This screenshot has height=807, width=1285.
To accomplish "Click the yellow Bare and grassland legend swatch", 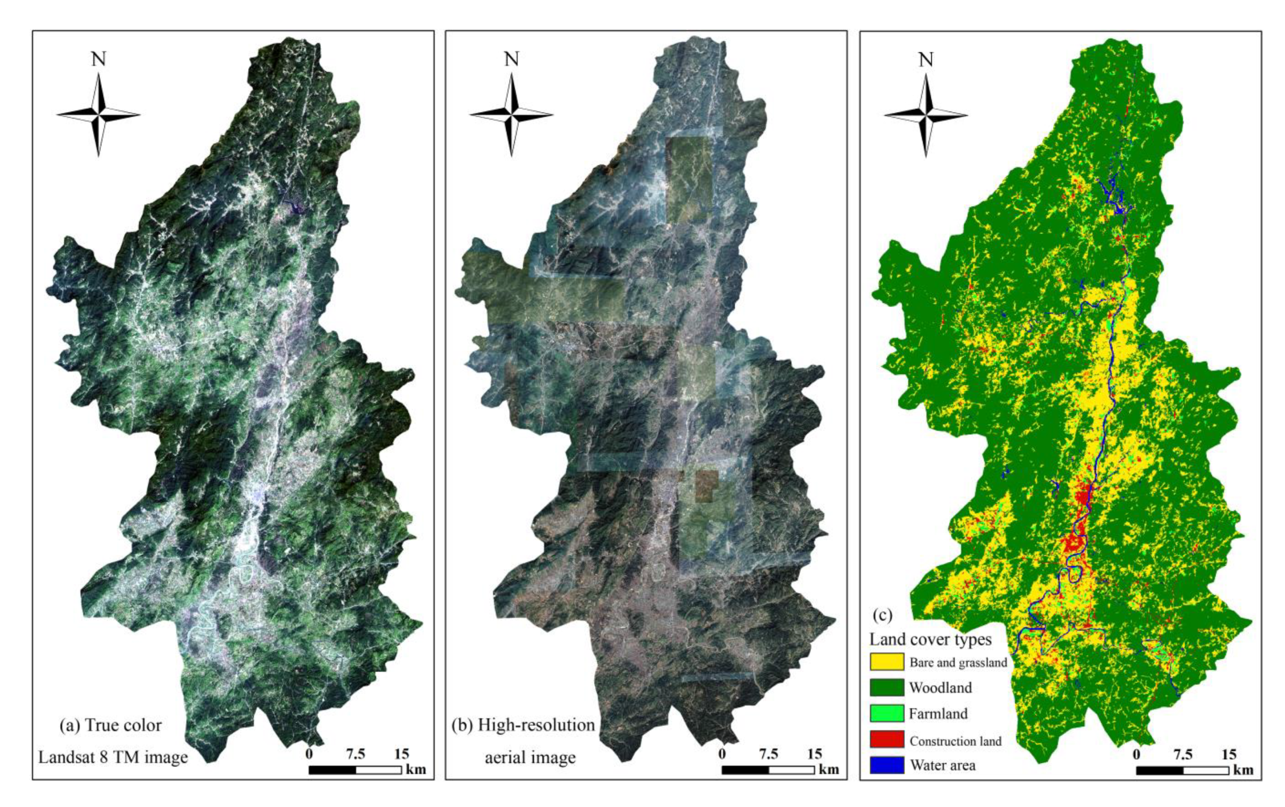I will tap(887, 661).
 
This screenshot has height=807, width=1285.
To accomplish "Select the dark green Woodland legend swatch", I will tap(887, 687).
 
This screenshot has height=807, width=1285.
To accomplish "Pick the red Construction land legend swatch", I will tap(887, 739).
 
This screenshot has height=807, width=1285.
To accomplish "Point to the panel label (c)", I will tap(882, 615).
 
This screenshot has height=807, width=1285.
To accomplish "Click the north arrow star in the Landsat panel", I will tap(98, 115).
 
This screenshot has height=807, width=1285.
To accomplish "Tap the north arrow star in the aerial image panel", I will tap(511, 115).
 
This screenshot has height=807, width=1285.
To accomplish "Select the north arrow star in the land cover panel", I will tap(926, 115).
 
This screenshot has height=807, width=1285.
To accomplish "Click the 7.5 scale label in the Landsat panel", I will tap(356, 754).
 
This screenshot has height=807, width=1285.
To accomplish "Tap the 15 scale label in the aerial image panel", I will tap(814, 754).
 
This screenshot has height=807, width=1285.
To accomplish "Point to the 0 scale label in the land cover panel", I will tap(1136, 754).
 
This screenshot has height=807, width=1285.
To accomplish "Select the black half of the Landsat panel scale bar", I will tap(332, 770).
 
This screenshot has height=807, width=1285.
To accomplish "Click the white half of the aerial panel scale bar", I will tap(791, 770).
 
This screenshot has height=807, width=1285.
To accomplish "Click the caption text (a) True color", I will tap(110, 725).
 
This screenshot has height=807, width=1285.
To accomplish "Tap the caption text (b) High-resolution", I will tap(523, 725).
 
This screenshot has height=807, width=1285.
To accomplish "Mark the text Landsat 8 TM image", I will tap(113, 757).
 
